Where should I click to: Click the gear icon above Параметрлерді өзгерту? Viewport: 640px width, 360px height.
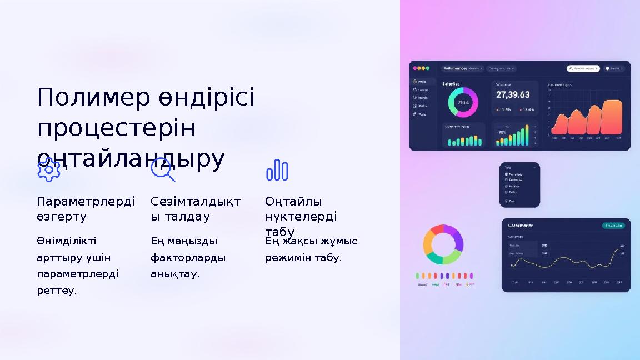pos(49,169)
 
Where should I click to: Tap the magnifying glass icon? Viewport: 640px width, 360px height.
pos(162,169)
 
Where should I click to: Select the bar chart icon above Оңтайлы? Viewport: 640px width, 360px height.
pos(277,170)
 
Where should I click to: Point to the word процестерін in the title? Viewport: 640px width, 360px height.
pos(116,128)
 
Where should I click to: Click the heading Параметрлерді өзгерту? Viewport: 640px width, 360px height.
pos(86,209)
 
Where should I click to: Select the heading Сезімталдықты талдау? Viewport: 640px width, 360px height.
pos(196,209)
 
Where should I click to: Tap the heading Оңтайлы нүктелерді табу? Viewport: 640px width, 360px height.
pos(301,216)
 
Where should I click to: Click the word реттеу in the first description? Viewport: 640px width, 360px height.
pos(57,291)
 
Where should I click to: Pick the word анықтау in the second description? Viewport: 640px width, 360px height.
pos(174,274)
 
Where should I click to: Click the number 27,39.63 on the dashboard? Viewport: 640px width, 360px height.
pos(513,95)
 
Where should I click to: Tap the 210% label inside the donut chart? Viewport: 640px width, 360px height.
pos(463,103)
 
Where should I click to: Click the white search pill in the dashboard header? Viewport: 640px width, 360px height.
pos(583,69)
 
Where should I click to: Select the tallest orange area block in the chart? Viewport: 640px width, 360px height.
pos(612,117)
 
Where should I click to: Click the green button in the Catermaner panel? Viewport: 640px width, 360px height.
pos(613,226)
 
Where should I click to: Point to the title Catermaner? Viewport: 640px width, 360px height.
pos(521,226)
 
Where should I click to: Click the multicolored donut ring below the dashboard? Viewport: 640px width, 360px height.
pos(443,244)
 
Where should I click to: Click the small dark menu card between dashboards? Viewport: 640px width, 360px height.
pos(519,185)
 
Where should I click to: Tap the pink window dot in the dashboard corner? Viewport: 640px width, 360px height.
pos(414,68)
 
